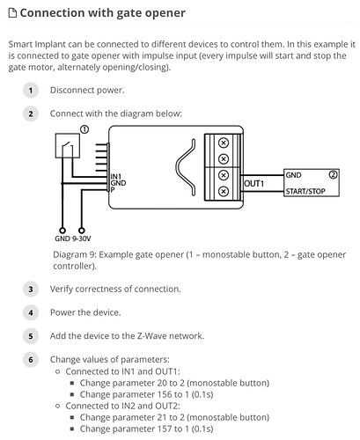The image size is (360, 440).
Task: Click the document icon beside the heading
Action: coord(12,13)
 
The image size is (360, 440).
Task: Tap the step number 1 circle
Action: coord(31,91)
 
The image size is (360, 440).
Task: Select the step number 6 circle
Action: coord(31,360)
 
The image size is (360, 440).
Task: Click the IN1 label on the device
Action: coord(116,177)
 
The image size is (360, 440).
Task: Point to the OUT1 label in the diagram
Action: coord(254,184)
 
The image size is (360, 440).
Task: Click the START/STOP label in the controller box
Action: coord(305,191)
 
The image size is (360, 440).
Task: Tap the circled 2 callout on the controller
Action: coord(333,175)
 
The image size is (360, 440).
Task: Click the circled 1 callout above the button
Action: coord(84,129)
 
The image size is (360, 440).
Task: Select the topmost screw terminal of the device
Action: coord(224,143)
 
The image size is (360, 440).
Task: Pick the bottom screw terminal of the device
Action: coord(224,192)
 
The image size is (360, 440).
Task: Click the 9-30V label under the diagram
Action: coord(81,238)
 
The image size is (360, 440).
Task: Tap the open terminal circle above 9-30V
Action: coord(82,231)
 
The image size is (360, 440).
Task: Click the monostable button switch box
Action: coord(68,146)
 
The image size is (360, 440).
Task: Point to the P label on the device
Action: coord(113,189)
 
